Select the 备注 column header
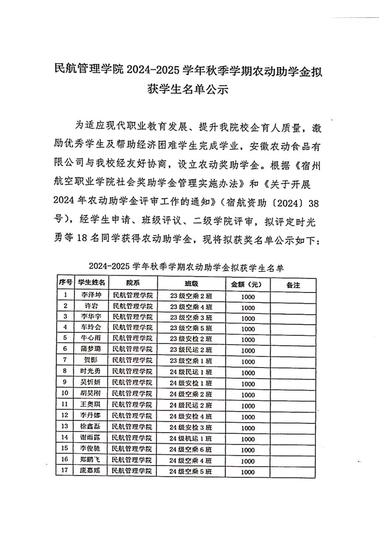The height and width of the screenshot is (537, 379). click(x=292, y=285)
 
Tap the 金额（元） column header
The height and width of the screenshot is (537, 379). click(x=247, y=285)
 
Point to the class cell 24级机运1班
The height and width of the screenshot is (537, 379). click(x=191, y=438)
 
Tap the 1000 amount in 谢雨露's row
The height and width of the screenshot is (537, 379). click(x=248, y=438)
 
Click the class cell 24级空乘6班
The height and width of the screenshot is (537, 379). click(x=191, y=449)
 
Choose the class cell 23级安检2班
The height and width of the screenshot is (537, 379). click(x=191, y=339)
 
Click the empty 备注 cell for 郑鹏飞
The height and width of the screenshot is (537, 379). click(x=292, y=460)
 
